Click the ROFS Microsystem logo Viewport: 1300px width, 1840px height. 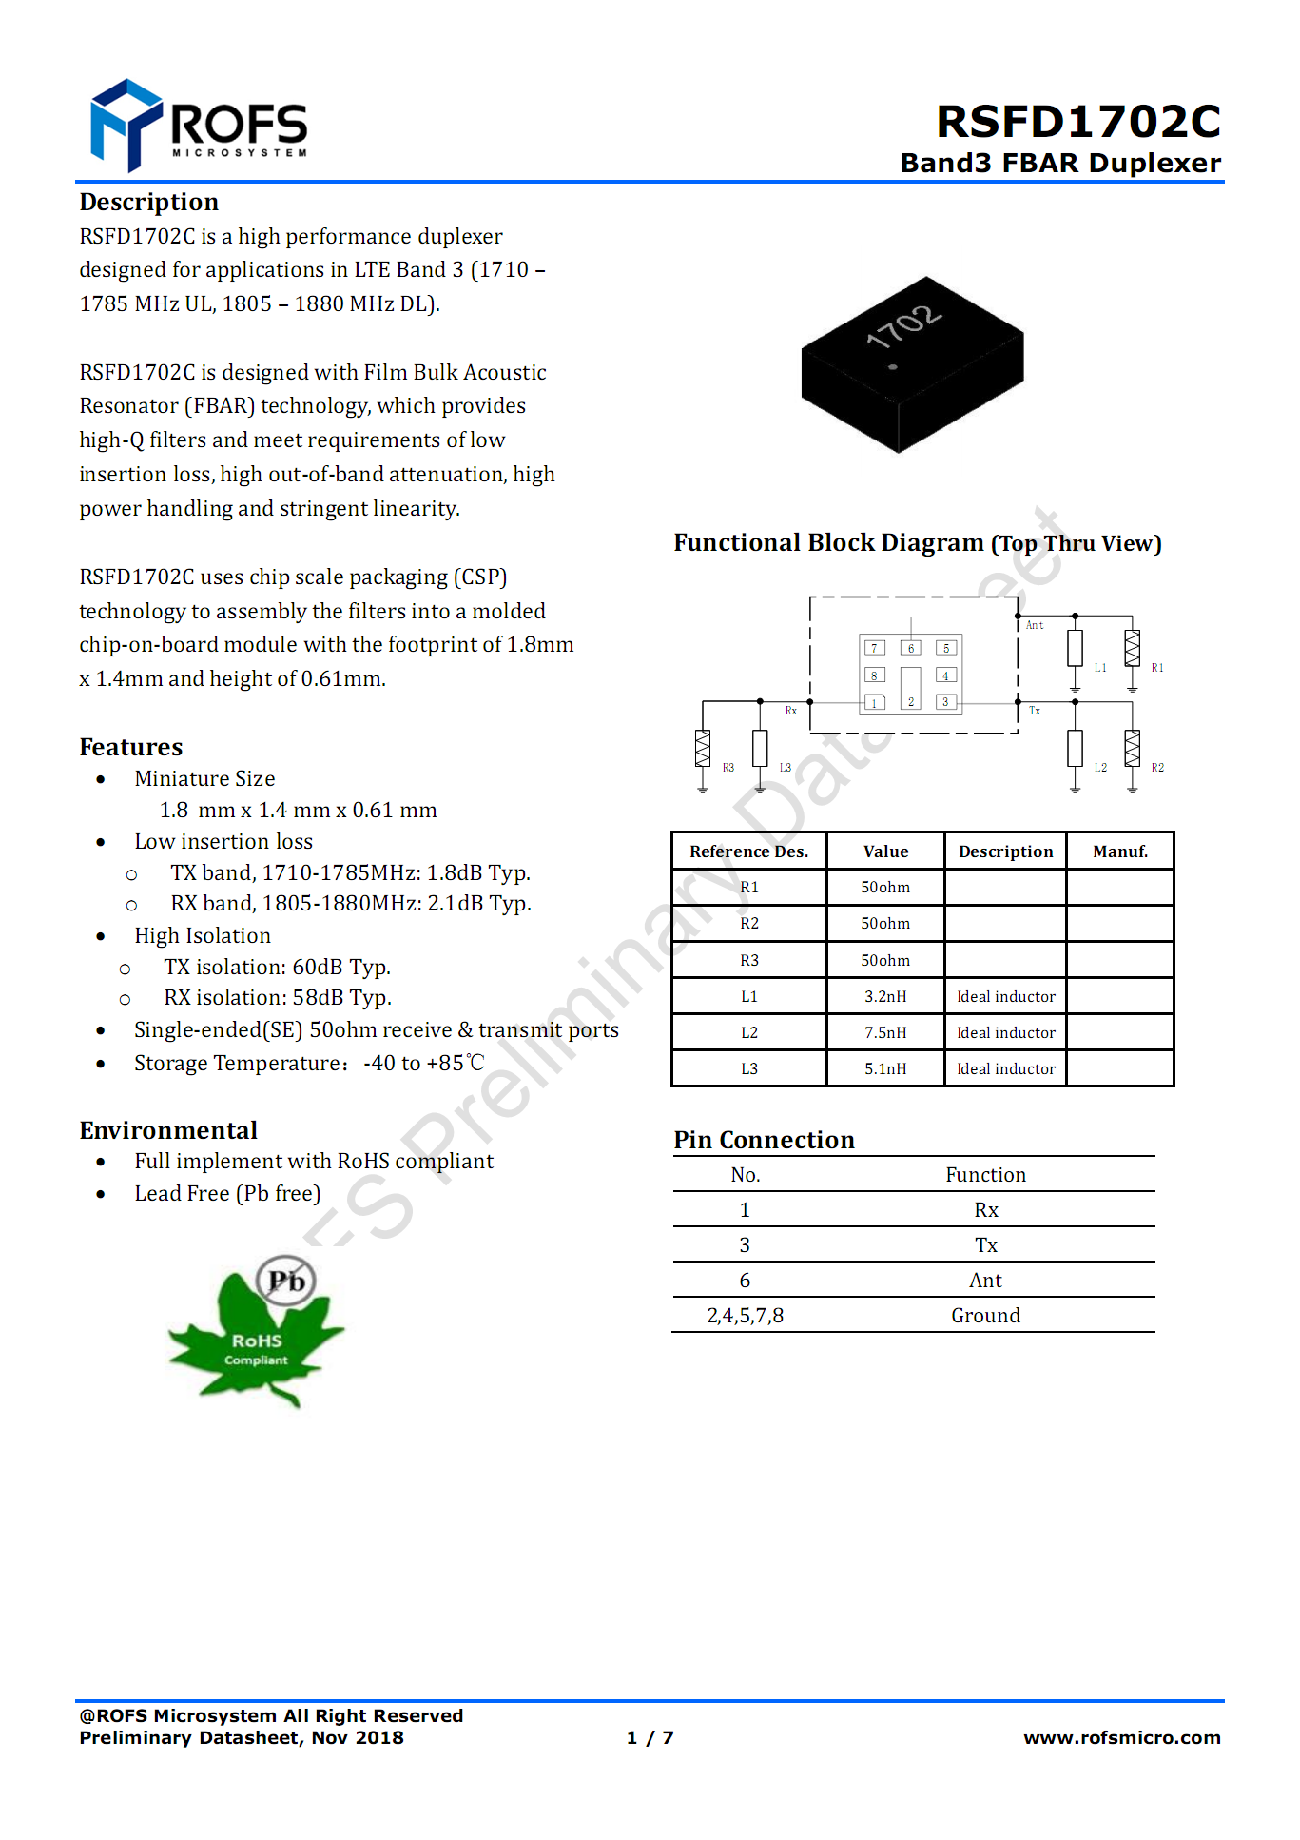coord(199,126)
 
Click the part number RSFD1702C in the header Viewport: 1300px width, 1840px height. coord(1077,122)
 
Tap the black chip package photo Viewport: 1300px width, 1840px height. coord(912,364)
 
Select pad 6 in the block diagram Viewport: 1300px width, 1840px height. coord(910,648)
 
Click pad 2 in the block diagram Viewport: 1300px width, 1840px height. coord(910,688)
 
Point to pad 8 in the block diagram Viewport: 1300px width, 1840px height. coord(874,675)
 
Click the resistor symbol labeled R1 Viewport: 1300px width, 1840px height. coord(1132,648)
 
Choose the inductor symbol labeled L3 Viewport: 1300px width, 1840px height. coord(760,748)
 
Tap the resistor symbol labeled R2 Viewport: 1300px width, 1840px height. coord(1132,748)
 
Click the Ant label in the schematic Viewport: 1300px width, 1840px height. coord(1035,625)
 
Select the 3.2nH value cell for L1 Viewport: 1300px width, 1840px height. coord(885,996)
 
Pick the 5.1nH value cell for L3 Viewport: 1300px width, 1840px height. coord(885,1068)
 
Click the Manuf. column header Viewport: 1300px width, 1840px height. coord(1119,851)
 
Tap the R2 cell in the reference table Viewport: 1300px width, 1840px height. coord(749,923)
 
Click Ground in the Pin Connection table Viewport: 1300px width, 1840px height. coord(985,1315)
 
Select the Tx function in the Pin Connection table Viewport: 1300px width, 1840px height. coord(985,1244)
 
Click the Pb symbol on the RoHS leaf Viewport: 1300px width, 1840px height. coord(286,1281)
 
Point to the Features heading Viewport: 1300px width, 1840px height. coord(131,747)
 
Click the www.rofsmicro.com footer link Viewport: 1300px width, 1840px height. coord(1121,1737)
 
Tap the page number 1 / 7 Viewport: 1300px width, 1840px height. coord(650,1737)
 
